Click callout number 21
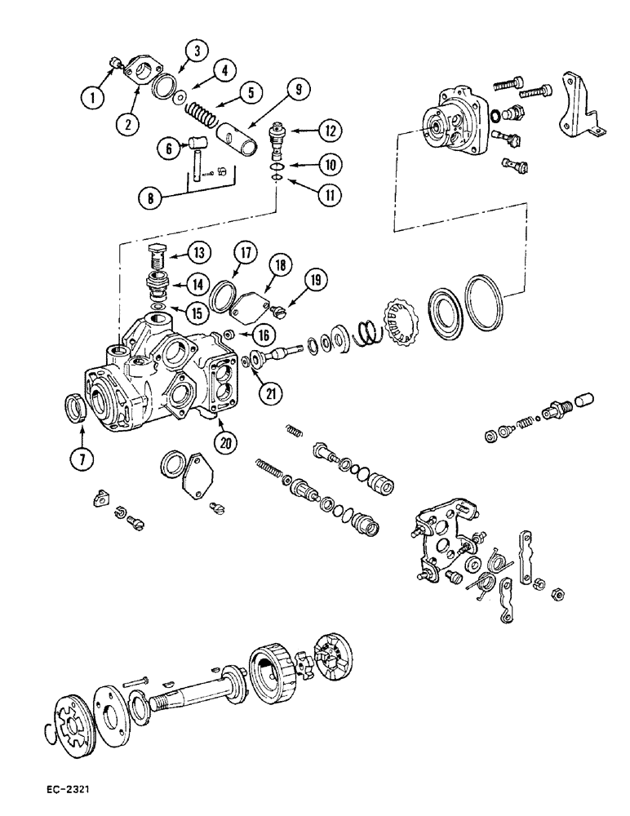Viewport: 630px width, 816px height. click(x=268, y=392)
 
